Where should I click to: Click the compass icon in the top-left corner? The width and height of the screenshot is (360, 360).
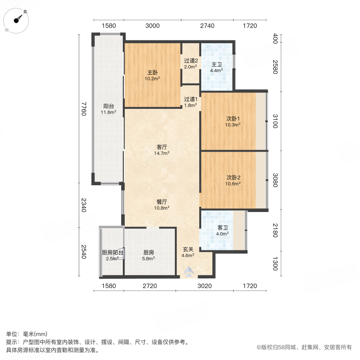pyautogui.click(x=18, y=20)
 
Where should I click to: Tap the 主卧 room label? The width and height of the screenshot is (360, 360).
pyautogui.click(x=152, y=73)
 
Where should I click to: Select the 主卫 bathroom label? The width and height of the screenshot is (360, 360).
pyautogui.click(x=216, y=64)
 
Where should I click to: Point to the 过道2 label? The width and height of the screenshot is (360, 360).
pyautogui.click(x=191, y=61)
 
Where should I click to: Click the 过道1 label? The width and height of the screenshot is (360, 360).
pyautogui.click(x=190, y=99)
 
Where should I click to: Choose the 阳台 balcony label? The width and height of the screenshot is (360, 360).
pyautogui.click(x=108, y=106)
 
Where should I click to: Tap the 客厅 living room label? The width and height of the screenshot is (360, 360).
pyautogui.click(x=162, y=146)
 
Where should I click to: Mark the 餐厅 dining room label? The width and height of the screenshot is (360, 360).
pyautogui.click(x=162, y=202)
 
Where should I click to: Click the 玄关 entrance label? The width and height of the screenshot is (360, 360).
pyautogui.click(x=188, y=249)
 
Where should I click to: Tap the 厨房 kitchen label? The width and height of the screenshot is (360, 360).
pyautogui.click(x=149, y=252)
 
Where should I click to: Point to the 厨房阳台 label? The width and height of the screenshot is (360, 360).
pyautogui.click(x=112, y=252)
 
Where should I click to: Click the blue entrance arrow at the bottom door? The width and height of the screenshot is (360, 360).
pyautogui.click(x=188, y=273)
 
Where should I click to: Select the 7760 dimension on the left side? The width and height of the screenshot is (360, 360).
pyautogui.click(x=83, y=108)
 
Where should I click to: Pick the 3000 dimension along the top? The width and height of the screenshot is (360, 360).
pyautogui.click(x=152, y=26)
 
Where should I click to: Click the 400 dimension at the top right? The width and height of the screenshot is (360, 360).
pyautogui.click(x=275, y=39)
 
